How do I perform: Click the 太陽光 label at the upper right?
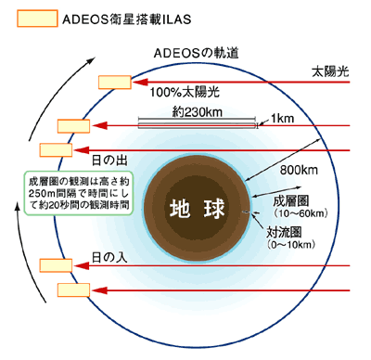[x=330, y=71]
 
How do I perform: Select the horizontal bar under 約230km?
[x=197, y=122]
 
